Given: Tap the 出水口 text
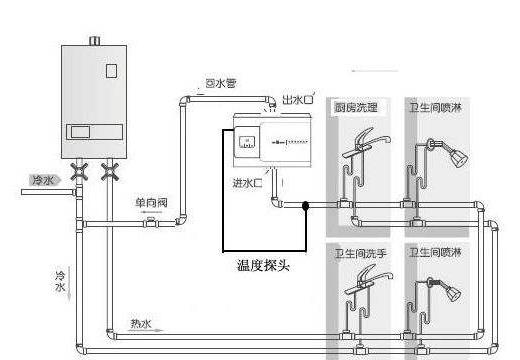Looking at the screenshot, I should coord(299,101).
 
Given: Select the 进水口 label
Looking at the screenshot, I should coord(247,183).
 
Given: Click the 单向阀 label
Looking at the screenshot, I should coord(152,201).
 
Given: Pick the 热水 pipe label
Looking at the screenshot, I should coord(141,323).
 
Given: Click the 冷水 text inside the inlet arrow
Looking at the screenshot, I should coord(43,180).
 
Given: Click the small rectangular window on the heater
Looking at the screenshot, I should coord(111,71).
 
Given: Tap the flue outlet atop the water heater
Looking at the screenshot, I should coord(95,41).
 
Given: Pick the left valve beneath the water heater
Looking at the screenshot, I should coord(82,172).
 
